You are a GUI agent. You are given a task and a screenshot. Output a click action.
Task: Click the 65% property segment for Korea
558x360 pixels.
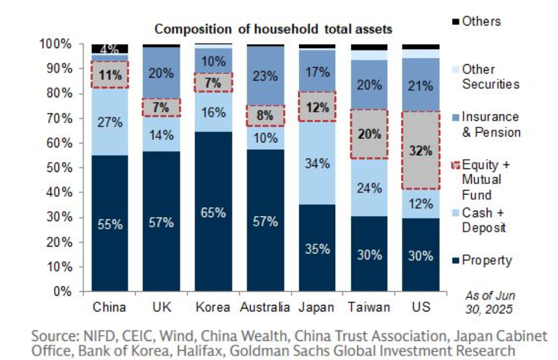tap(213, 212)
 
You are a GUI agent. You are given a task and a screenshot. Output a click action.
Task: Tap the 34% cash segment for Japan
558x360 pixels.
tap(317, 163)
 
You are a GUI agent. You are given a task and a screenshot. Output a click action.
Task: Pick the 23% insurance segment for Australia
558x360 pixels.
tap(265, 75)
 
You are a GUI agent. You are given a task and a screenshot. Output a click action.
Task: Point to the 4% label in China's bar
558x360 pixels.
tap(109, 49)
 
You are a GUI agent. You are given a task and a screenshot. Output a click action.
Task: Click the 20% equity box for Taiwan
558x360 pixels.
tap(369, 134)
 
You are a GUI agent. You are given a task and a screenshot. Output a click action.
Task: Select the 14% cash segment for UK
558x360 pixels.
tap(161, 136)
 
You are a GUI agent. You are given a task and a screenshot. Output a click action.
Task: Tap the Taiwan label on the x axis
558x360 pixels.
tap(369, 307)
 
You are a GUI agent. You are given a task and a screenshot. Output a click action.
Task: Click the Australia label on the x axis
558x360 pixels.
tap(265, 307)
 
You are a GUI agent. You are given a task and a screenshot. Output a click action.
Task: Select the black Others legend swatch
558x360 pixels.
tap(454, 22)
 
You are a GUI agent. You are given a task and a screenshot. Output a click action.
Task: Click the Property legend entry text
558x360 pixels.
tap(487, 260)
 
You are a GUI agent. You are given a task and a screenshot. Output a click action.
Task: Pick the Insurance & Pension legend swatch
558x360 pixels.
tap(454, 117)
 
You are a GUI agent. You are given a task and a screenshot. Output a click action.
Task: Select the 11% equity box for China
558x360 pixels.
tap(109, 75)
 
